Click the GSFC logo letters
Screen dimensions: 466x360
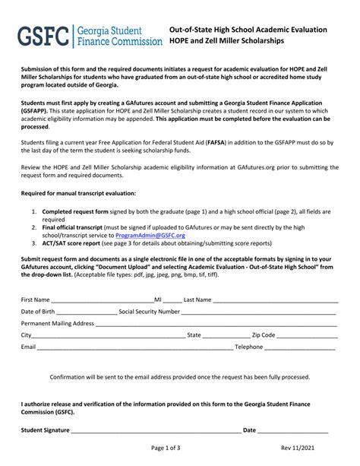[x=43, y=36]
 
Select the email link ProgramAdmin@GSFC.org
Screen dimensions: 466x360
[x=149, y=236]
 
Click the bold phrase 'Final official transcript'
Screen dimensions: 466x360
[x=74, y=227]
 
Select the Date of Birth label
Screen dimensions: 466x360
[x=37, y=312]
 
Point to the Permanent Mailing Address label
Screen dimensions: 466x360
[x=57, y=323]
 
